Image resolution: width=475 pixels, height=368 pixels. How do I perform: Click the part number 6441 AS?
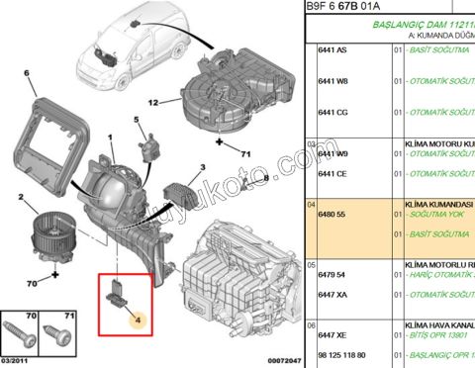click(332, 50)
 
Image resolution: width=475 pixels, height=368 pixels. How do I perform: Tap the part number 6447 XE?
click(332, 337)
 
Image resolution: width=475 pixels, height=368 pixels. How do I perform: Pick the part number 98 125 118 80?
click(340, 354)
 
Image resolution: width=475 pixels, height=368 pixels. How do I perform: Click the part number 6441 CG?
click(332, 112)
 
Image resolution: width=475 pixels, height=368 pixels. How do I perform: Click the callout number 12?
click(152, 101)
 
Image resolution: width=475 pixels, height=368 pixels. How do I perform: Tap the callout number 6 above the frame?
click(27, 73)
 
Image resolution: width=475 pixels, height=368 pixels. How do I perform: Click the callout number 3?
click(202, 168)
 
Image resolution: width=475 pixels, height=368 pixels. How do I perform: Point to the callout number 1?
click(111, 122)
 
